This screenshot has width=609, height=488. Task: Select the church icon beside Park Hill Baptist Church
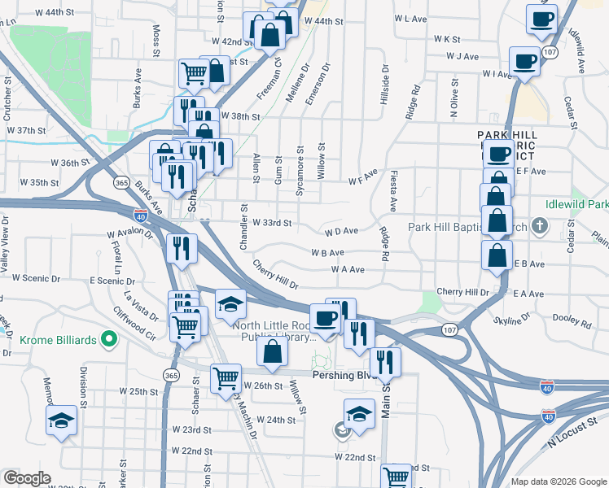point(537,226)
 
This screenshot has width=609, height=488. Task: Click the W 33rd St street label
point(271,222)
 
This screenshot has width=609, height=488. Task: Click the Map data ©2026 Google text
point(558,481)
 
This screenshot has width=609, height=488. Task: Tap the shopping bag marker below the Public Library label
point(273,352)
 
